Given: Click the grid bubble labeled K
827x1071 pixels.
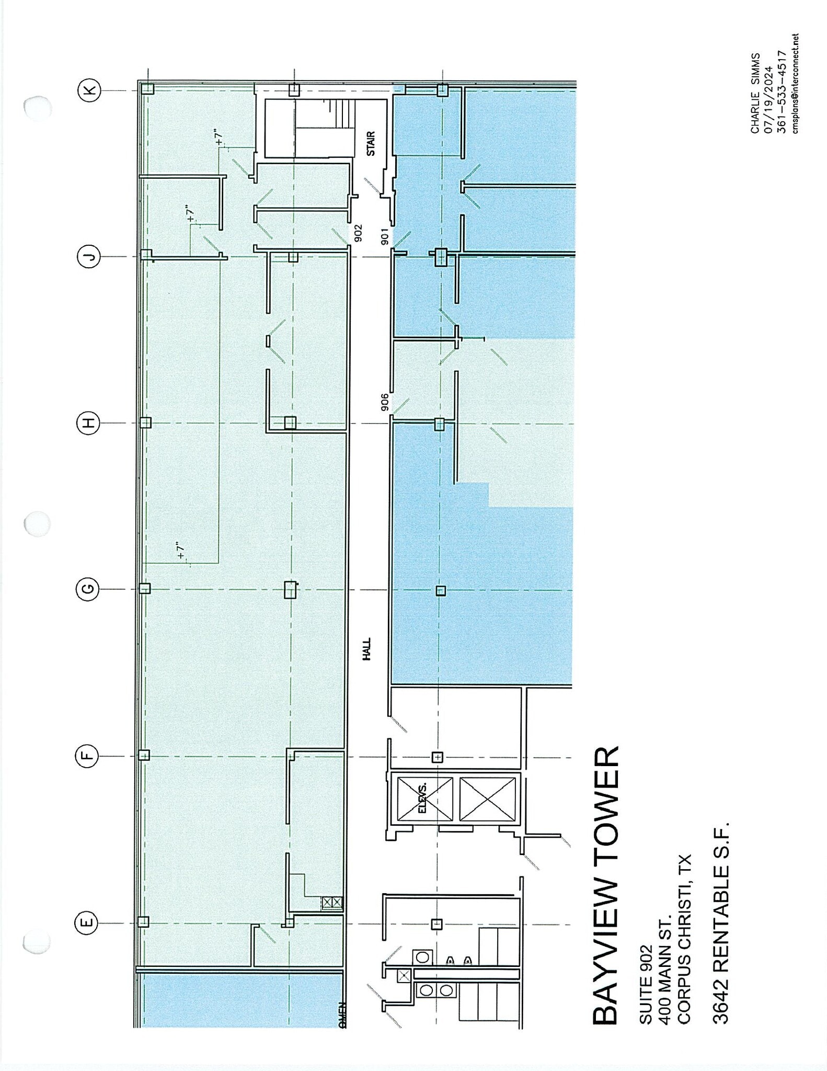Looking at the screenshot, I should pos(89,90).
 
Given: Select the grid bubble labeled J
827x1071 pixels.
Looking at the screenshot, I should pos(89,256).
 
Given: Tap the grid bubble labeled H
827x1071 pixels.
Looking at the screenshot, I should pos(89,423).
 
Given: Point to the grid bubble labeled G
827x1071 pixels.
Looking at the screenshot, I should pos(89,589).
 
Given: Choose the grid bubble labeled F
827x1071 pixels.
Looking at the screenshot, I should pos(88,756).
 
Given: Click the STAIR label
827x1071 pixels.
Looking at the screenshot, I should pos(371,143).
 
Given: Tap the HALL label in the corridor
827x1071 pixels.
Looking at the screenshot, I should pos(366,650).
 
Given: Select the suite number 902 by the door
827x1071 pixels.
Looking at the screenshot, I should pos(358,233).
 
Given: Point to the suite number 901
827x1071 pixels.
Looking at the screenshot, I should pos(384,236).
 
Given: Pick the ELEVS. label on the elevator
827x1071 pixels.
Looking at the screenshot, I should pos(422,798).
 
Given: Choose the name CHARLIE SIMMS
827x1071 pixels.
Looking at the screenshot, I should pos(755,93).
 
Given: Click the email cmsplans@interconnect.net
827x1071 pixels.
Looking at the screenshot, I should pos(795,84).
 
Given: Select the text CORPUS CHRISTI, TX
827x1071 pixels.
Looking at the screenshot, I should pos(684,939).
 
